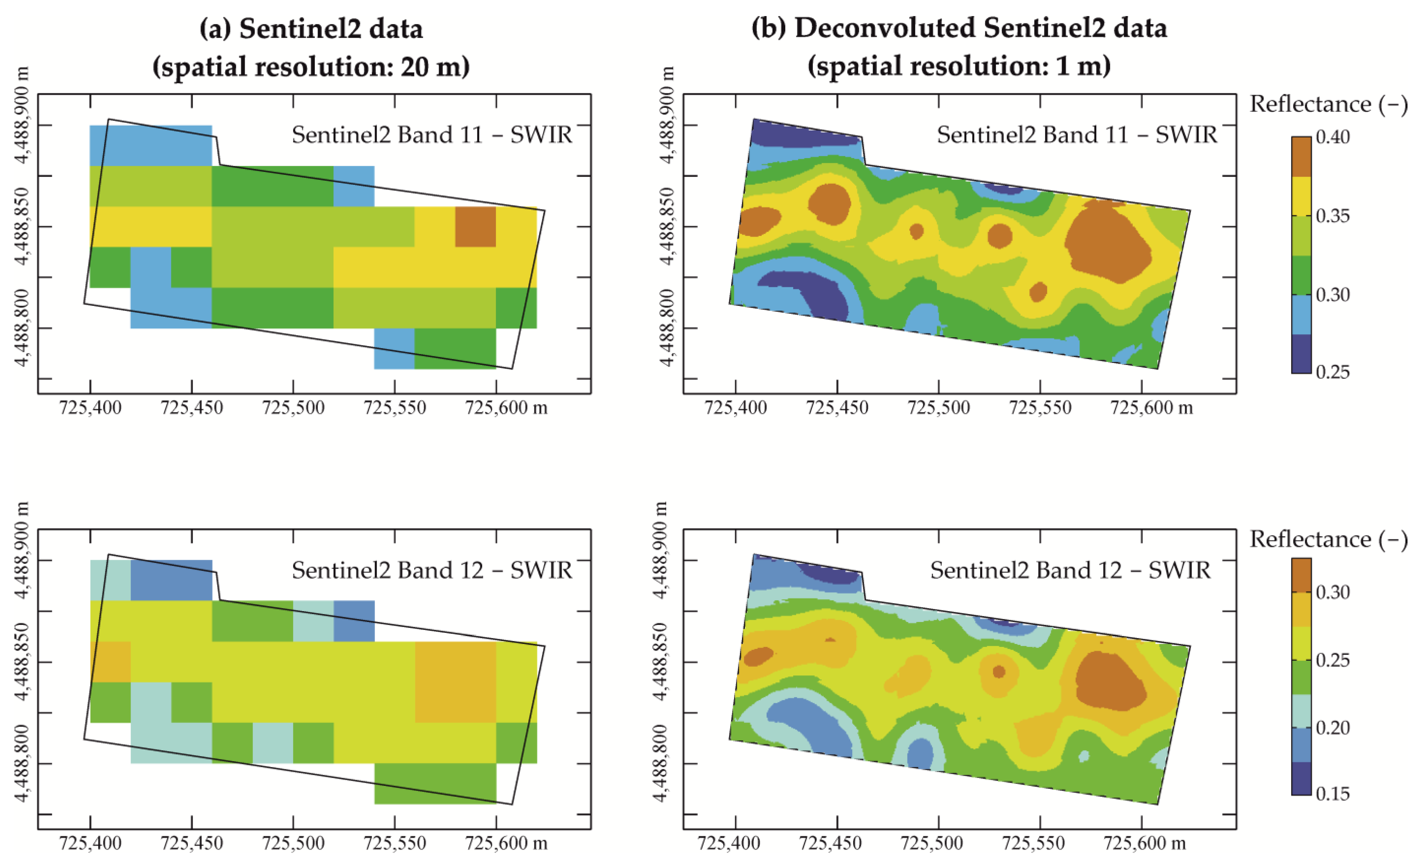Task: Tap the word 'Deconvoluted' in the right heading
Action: [885, 29]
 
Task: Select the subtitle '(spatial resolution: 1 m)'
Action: [959, 66]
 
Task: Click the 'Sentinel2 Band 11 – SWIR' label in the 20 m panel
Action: [432, 135]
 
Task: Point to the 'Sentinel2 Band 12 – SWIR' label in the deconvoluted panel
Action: [1070, 571]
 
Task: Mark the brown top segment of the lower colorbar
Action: [1301, 575]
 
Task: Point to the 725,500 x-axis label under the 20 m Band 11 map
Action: [293, 408]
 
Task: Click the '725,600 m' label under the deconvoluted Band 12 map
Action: [1144, 843]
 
